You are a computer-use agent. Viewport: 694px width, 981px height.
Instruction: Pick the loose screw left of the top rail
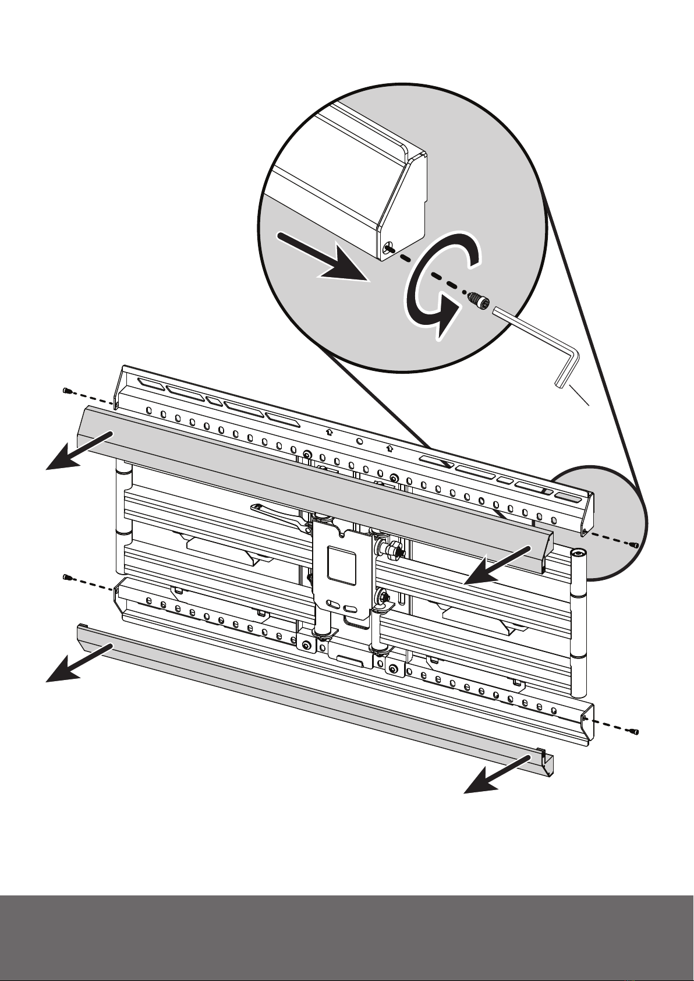[66, 391]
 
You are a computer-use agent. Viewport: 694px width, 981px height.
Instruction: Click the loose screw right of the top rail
[635, 545]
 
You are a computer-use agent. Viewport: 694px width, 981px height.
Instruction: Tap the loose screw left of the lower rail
[66, 577]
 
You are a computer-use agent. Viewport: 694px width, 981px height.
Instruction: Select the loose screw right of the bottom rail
[635, 731]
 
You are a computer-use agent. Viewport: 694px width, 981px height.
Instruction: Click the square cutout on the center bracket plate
[341, 564]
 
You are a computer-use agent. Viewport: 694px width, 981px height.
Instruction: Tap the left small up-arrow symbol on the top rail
[330, 432]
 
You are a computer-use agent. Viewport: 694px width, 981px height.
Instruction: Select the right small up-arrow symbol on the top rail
[390, 449]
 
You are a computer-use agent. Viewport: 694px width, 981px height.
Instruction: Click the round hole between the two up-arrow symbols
[359, 441]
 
